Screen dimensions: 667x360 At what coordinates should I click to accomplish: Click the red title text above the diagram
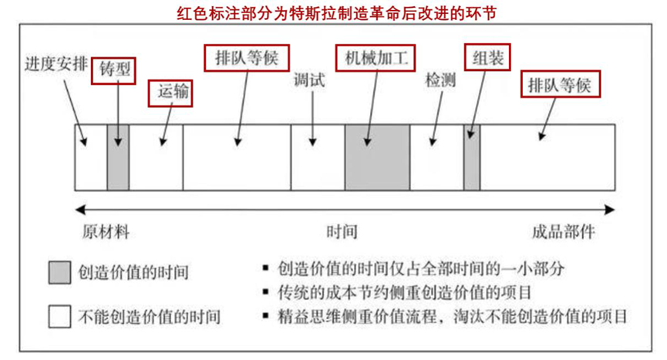tap(337, 13)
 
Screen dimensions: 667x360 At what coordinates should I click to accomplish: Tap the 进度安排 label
tap(56, 64)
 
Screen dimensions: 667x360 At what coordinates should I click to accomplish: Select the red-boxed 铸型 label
tap(113, 71)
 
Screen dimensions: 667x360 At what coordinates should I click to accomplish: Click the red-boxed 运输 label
tap(170, 93)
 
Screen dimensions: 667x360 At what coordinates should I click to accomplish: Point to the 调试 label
tap(309, 80)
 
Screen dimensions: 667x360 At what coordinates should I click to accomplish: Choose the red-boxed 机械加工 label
tap(376, 58)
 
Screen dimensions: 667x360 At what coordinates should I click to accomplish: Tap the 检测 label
tap(441, 80)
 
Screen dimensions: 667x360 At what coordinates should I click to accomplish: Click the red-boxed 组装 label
tap(487, 57)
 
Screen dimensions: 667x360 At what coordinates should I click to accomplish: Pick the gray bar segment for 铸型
tap(118, 157)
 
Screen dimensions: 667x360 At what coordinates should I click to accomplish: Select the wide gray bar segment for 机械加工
tap(377, 157)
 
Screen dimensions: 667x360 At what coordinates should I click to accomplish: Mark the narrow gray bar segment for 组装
tap(472, 157)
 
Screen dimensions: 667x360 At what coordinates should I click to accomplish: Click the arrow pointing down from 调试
tap(312, 118)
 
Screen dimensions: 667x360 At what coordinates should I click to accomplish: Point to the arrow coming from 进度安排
tap(76, 113)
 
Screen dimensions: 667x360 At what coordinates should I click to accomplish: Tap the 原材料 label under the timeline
tap(106, 232)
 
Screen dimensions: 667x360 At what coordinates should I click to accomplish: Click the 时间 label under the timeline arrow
tap(342, 232)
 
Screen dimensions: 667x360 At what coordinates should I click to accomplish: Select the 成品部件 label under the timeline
tap(564, 232)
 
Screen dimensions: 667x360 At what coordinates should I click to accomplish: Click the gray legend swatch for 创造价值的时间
tap(59, 272)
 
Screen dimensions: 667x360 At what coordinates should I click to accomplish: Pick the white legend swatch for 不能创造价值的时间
tap(59, 317)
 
